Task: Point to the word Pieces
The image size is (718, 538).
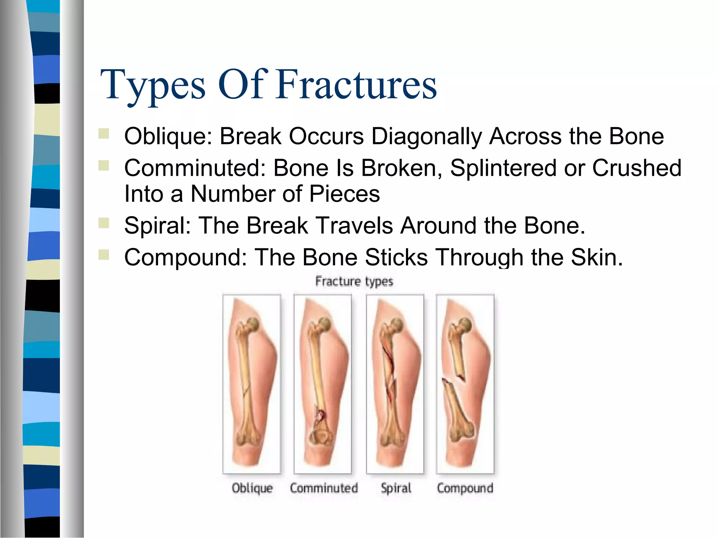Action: [x=344, y=194]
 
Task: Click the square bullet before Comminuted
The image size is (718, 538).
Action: [x=104, y=165]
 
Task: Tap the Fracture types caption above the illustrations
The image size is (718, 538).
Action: [x=354, y=281]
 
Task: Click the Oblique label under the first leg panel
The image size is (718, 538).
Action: [x=252, y=488]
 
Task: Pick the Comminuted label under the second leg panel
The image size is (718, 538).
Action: [x=324, y=488]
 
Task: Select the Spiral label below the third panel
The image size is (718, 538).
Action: [x=396, y=488]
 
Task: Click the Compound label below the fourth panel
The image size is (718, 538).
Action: [x=465, y=488]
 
